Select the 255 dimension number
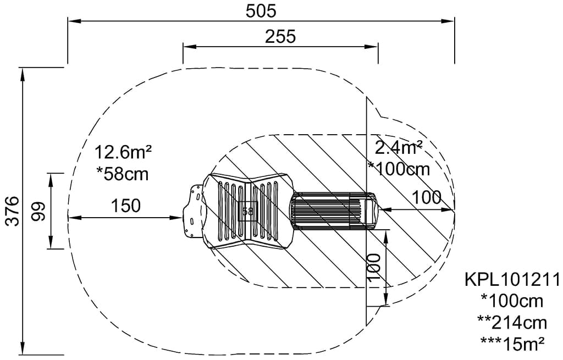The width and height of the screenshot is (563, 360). [280, 37]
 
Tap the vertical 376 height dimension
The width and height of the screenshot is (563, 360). [13, 211]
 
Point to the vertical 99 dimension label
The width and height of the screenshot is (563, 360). [39, 212]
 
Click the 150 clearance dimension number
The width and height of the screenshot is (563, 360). [126, 206]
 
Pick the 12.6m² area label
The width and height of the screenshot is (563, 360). [123, 152]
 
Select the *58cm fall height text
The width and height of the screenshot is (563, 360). [123, 174]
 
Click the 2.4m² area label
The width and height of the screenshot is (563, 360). [398, 147]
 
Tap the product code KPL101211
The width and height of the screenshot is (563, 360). [512, 279]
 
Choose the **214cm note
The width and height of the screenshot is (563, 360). [512, 323]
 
